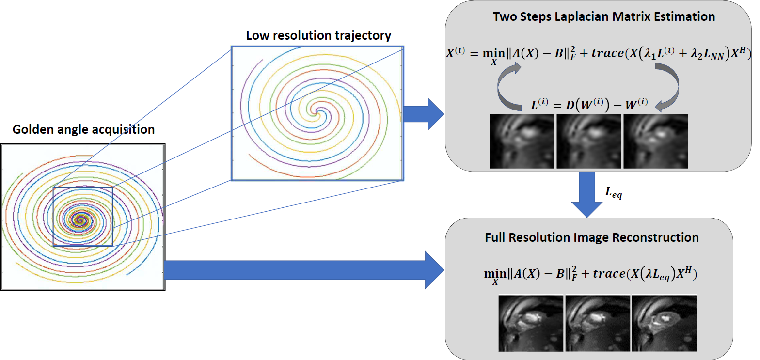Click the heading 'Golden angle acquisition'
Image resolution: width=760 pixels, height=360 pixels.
(x=83, y=130)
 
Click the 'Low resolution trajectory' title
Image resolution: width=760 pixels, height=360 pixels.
(x=318, y=36)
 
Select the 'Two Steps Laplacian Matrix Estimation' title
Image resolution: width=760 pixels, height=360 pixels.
(x=604, y=17)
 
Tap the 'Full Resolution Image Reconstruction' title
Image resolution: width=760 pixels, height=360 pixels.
(x=592, y=237)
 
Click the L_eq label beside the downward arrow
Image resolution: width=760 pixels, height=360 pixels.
(x=614, y=193)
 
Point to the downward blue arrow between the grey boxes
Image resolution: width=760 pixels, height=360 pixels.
(x=587, y=194)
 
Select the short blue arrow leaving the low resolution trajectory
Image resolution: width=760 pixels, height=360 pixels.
(x=424, y=114)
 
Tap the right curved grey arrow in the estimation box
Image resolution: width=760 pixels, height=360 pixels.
(x=667, y=87)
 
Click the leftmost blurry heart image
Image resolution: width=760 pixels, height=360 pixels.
(x=522, y=141)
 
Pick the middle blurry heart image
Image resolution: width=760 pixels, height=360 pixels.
(x=588, y=141)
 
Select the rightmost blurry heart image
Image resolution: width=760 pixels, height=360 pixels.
(x=655, y=141)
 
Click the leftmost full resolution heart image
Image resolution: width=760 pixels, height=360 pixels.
(x=531, y=323)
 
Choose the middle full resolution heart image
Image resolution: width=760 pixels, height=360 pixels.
(x=598, y=323)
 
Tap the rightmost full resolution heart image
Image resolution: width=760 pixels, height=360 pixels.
(x=665, y=323)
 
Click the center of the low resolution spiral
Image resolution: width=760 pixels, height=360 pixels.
(x=317, y=110)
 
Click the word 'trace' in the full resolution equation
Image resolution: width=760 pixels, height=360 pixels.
(x=609, y=273)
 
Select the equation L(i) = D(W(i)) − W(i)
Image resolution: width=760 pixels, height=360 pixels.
(x=589, y=104)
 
